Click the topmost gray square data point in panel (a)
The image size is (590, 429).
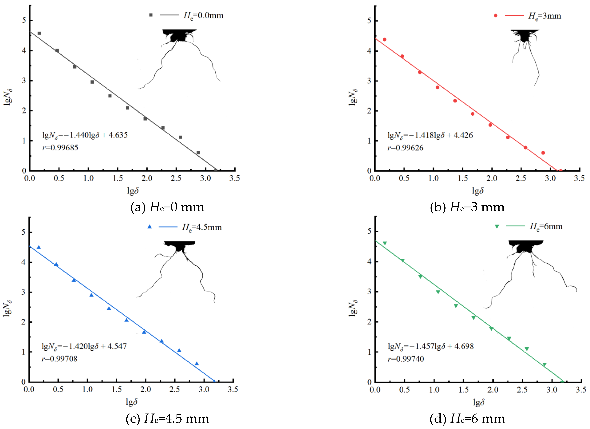[x=39, y=33]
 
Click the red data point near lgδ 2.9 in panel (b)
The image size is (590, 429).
[x=543, y=153]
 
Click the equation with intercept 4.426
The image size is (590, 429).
[x=430, y=135]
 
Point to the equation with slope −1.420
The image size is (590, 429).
[x=84, y=346]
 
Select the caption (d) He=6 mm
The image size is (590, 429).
[x=467, y=419]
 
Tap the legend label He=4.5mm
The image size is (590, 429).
[x=202, y=227]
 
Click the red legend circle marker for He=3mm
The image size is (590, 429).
[x=496, y=16]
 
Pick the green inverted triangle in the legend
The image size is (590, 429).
[x=497, y=226]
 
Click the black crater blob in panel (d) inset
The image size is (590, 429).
[x=526, y=246]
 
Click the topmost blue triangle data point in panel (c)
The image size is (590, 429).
[x=39, y=247]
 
